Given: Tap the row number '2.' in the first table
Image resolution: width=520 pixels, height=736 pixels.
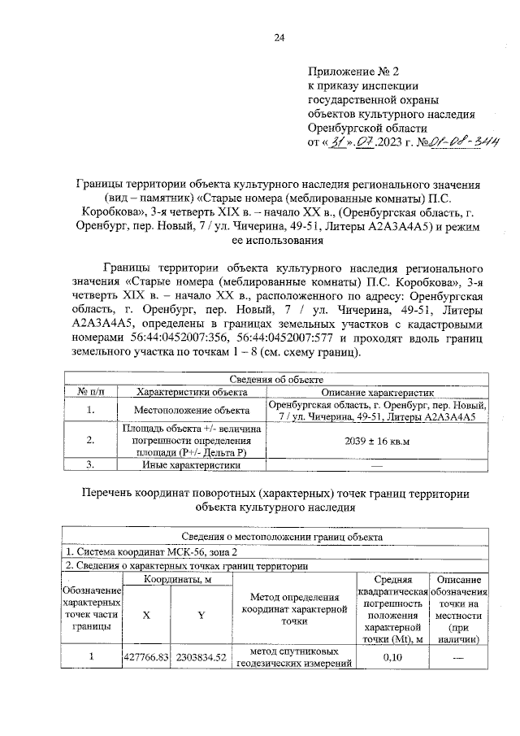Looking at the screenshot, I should point(92,440).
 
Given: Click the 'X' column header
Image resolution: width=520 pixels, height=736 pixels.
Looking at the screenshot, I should point(146,615).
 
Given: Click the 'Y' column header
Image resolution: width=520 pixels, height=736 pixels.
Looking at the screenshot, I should point(200,615).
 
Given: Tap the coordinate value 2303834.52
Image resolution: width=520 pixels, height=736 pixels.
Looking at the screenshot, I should point(200,657).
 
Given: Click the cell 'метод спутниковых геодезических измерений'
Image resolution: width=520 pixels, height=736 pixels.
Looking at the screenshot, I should point(293,657).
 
